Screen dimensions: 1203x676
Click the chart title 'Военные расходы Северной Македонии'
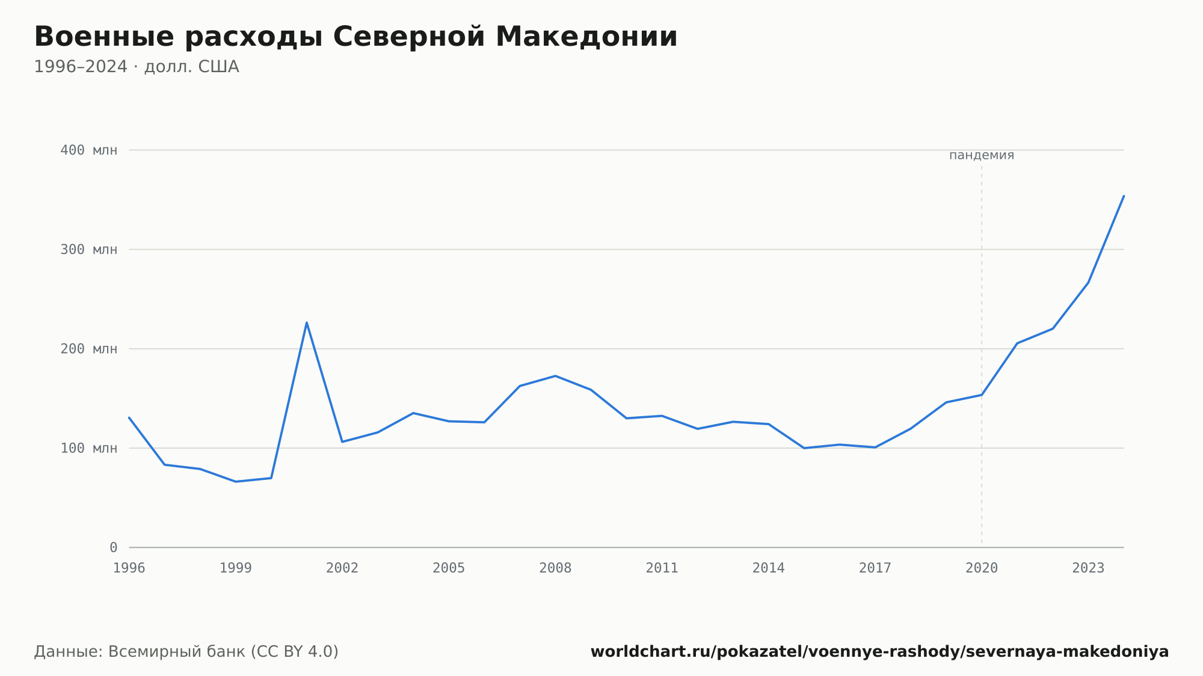355,37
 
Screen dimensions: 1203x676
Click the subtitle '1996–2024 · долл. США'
137,67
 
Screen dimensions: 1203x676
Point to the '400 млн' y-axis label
88,150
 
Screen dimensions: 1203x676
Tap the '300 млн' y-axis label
88,250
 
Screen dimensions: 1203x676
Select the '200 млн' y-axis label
88,349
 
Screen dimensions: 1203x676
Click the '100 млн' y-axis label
88,448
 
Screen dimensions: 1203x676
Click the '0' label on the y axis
113,548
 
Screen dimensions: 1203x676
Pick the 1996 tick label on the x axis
129,568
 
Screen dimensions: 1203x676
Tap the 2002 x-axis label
342,568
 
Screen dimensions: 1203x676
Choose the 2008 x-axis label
555,568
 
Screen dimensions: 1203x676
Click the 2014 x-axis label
769,568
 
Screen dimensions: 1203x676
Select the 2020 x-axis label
982,568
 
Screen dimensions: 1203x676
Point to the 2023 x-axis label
1088,568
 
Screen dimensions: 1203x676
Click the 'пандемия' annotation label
982,156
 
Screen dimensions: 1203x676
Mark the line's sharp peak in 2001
307,322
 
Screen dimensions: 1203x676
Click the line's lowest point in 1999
236,482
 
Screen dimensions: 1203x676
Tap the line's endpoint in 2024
1124,196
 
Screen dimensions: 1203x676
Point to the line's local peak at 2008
555,376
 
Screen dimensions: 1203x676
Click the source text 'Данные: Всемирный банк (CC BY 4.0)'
186,652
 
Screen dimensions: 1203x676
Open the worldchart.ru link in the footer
879,652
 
